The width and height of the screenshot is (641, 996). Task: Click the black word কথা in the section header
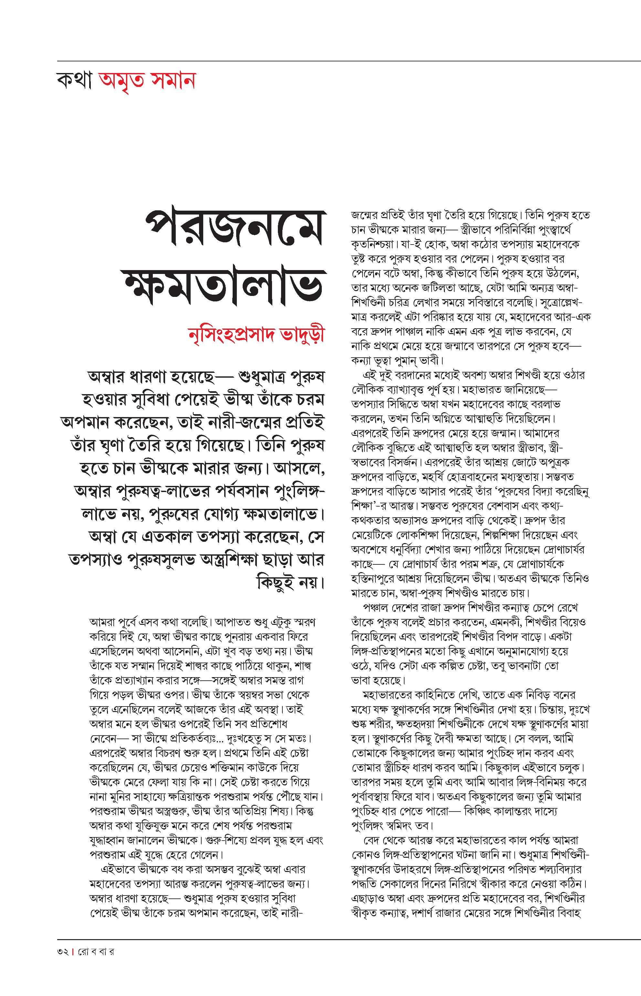[74, 81]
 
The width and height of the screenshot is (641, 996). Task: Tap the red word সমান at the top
[172, 81]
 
